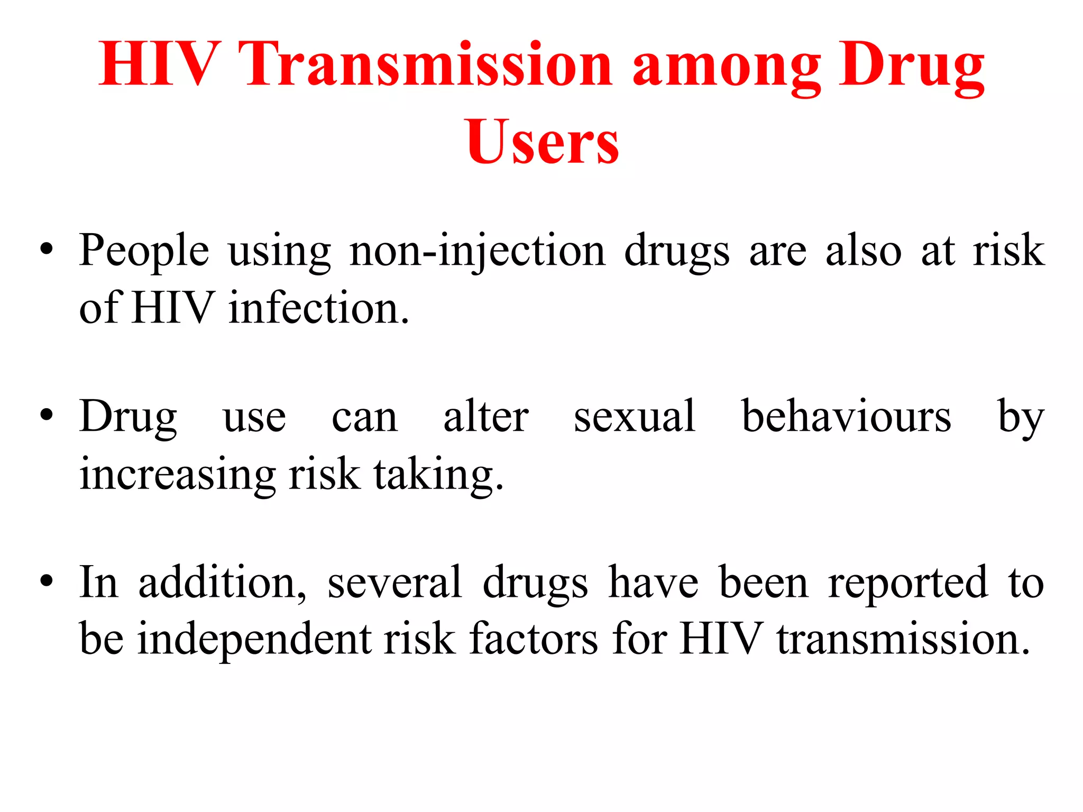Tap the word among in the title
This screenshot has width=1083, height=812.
(x=726, y=68)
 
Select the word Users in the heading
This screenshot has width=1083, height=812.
(x=542, y=142)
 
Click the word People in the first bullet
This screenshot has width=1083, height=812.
(x=144, y=251)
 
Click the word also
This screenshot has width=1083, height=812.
(x=864, y=251)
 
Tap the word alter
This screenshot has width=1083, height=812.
(x=485, y=417)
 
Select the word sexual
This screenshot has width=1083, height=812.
(x=634, y=417)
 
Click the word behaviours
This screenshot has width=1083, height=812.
(x=846, y=417)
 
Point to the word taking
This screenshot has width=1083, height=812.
(x=438, y=474)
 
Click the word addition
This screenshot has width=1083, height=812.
(x=222, y=583)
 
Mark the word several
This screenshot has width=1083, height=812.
(x=394, y=583)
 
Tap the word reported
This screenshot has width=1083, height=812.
(x=907, y=584)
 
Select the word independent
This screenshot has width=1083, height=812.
(x=254, y=639)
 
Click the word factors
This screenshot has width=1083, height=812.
(x=534, y=639)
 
